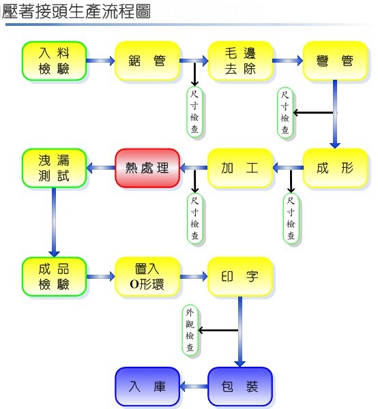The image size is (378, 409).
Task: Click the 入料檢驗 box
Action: (x=55, y=61)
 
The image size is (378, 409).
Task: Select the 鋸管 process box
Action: (x=147, y=61)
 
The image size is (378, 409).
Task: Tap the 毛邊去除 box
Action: (x=240, y=61)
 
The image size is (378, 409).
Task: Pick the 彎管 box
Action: (x=336, y=61)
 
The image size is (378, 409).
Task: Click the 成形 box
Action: (x=336, y=168)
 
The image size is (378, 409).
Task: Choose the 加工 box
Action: (x=240, y=168)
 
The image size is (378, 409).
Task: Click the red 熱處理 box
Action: (x=147, y=168)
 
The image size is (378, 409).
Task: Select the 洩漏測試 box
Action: (x=55, y=168)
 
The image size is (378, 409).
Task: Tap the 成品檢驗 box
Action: (x=55, y=277)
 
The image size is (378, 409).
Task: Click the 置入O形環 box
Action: (x=147, y=277)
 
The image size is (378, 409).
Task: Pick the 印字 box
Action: (x=240, y=277)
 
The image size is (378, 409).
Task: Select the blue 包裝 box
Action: (x=240, y=387)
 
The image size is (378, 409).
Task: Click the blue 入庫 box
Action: (x=147, y=387)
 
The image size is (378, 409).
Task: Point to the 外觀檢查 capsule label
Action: (x=190, y=331)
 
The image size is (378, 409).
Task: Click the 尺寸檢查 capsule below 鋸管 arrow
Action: (x=194, y=112)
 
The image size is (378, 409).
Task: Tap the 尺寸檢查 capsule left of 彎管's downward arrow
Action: (x=285, y=112)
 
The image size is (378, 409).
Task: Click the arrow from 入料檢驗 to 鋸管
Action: (x=101, y=61)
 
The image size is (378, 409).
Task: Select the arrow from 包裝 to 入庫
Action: (x=194, y=387)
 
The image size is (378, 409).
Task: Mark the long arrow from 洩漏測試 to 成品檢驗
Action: (x=54, y=222)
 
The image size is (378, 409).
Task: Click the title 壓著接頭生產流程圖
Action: (x=76, y=12)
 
